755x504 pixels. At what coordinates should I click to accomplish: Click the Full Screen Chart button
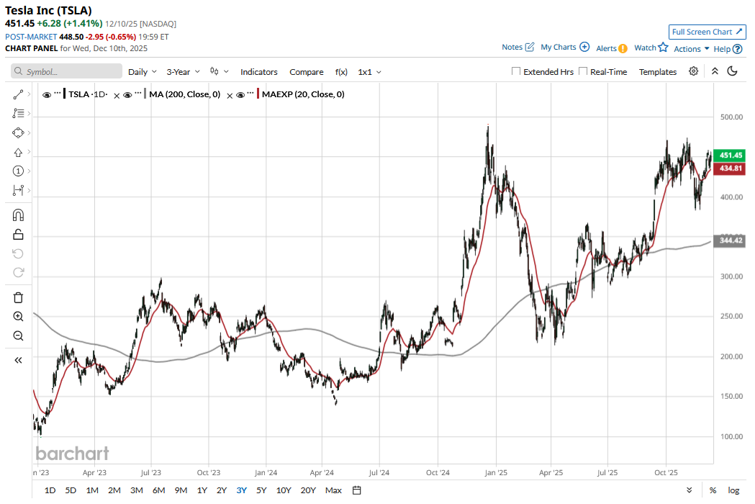[x=706, y=32]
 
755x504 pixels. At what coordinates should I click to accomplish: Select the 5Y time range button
[x=261, y=490]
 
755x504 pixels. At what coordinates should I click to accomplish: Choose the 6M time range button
[x=158, y=490]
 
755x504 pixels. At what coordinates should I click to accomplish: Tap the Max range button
[x=333, y=490]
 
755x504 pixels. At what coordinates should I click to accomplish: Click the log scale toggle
[x=733, y=490]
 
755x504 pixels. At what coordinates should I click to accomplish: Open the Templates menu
[x=658, y=72]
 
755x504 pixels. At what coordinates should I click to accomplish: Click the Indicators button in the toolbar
[x=259, y=72]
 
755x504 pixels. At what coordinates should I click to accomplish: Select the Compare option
[x=307, y=72]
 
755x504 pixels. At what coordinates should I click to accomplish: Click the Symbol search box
[x=67, y=72]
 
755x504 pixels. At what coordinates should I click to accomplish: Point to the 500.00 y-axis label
[x=731, y=117]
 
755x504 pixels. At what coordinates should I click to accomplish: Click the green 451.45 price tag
[x=731, y=155]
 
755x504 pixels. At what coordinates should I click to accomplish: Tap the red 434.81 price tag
[x=731, y=168]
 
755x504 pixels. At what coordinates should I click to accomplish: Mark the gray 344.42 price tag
[x=731, y=241]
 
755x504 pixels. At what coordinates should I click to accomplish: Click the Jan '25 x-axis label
[x=496, y=473]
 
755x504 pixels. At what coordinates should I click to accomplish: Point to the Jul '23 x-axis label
[x=150, y=473]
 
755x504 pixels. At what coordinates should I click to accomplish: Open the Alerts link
[x=612, y=48]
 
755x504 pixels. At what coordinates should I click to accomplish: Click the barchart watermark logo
[x=72, y=453]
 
